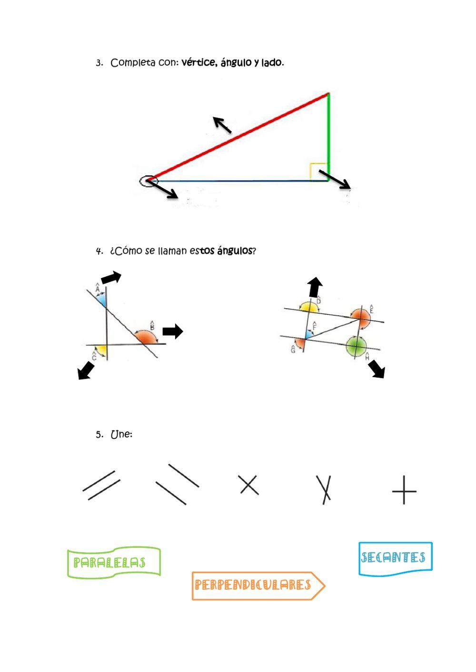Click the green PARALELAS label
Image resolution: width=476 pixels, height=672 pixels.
point(113,563)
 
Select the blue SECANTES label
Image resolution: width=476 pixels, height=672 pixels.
point(395,558)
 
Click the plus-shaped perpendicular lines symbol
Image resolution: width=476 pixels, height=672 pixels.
point(404,490)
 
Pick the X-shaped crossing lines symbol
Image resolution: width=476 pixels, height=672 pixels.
point(248,485)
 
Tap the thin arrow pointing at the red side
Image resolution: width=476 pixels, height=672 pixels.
point(222,125)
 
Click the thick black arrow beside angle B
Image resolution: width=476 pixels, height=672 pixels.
point(172,331)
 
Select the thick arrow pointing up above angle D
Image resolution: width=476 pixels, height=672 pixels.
point(315,288)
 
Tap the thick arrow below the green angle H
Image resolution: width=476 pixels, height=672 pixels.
point(377,369)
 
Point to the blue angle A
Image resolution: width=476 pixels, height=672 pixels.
point(101,300)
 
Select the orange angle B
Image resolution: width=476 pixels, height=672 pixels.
point(145,337)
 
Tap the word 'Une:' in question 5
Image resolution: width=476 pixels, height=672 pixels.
point(121,434)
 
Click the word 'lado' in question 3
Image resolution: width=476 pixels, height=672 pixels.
point(271,63)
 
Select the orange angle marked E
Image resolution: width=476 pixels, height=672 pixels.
point(361,318)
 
